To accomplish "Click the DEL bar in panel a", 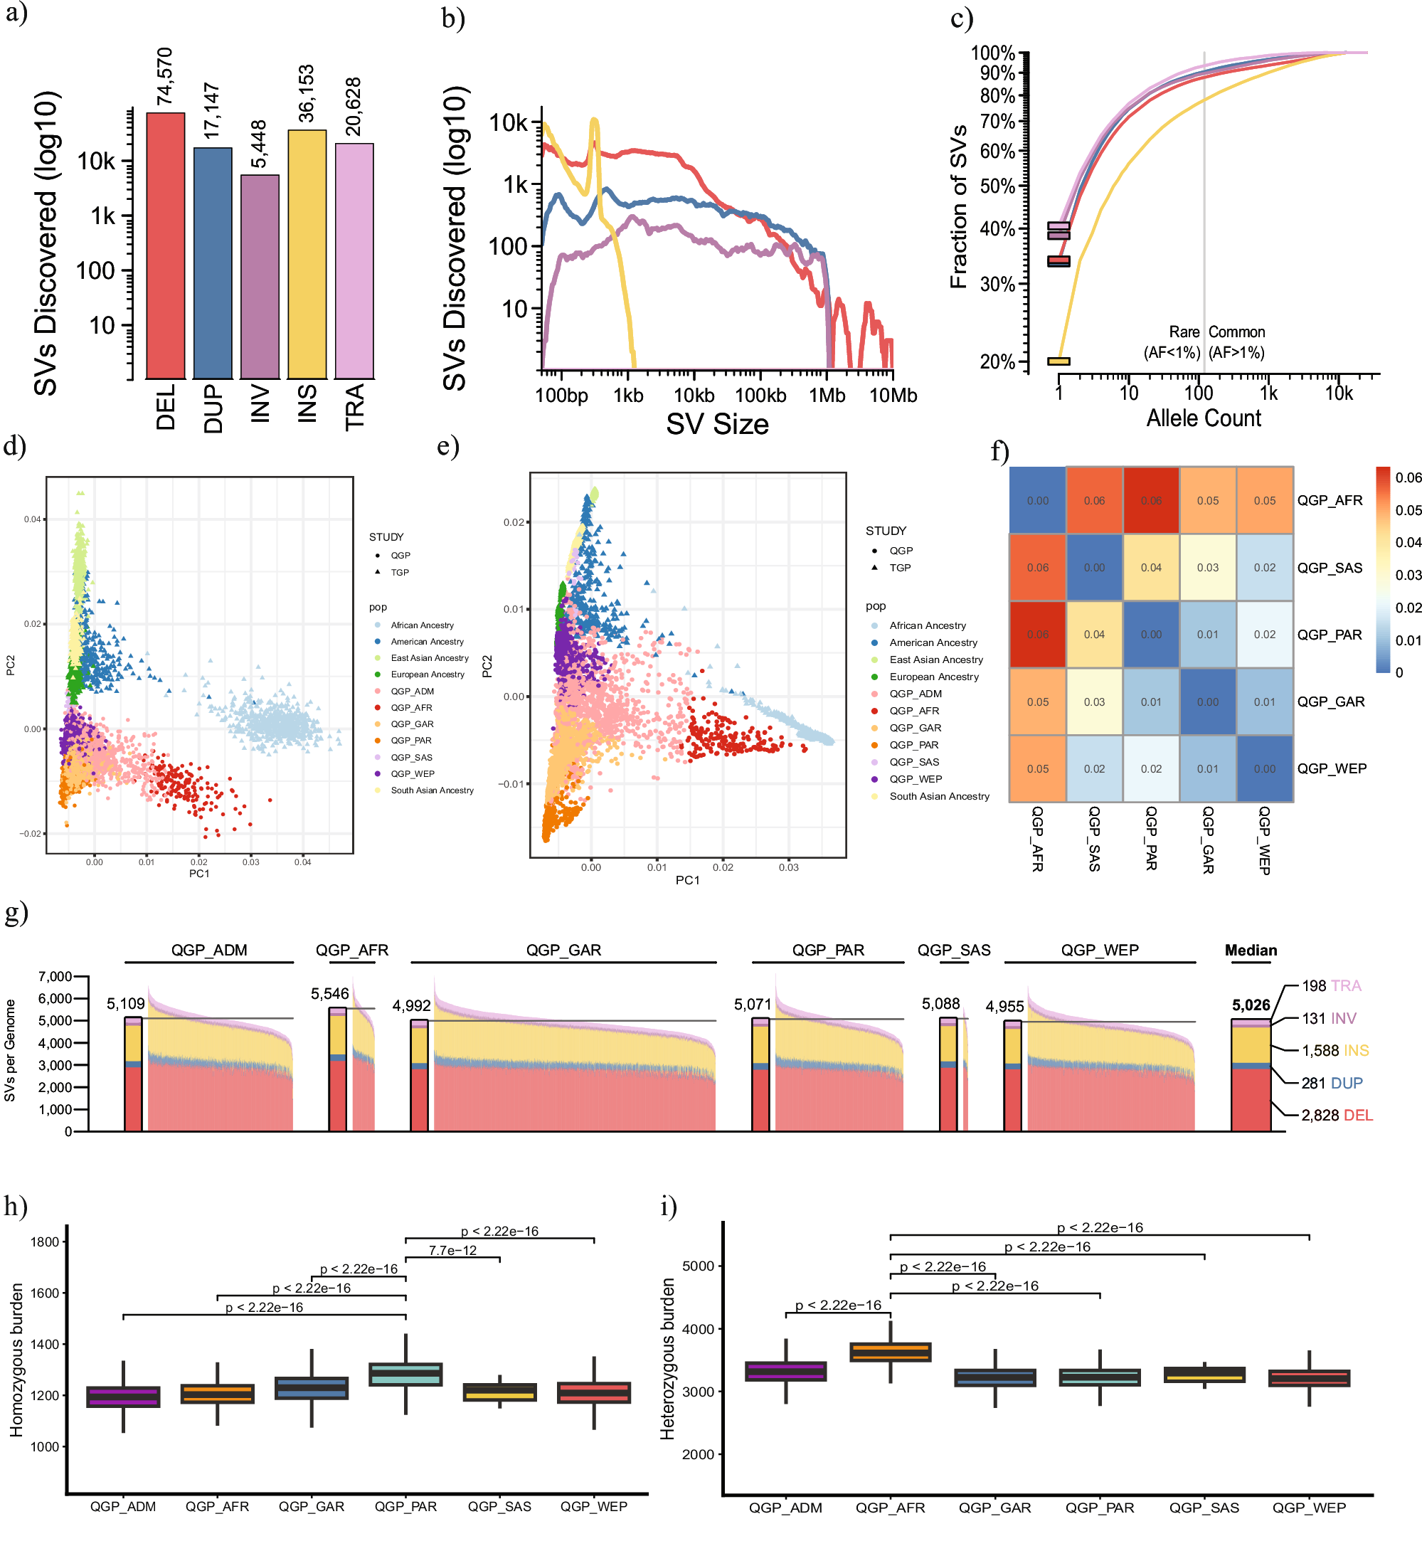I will click(166, 246).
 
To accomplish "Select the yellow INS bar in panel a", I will click(307, 254).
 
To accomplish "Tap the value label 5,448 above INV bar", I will click(260, 144).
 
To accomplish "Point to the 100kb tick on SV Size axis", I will click(760, 396).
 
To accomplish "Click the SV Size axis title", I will click(717, 425).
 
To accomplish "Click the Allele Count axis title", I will click(1204, 418).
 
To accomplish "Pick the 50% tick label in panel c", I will click(997, 186).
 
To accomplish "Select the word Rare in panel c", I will click(1184, 332).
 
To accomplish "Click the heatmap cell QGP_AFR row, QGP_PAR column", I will click(1151, 501).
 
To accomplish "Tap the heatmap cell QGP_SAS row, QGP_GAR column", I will click(1207, 568).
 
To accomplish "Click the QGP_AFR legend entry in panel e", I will click(914, 711).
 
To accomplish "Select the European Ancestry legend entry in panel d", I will click(427, 675).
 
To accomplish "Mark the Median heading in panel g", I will click(1251, 951).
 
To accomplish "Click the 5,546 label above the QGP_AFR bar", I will click(330, 994).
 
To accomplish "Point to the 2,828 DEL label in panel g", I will click(1337, 1115).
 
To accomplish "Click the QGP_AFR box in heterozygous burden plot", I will click(891, 1352).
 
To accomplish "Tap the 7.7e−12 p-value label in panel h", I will click(452, 1251).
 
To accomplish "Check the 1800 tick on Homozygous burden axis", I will click(45, 1242).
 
